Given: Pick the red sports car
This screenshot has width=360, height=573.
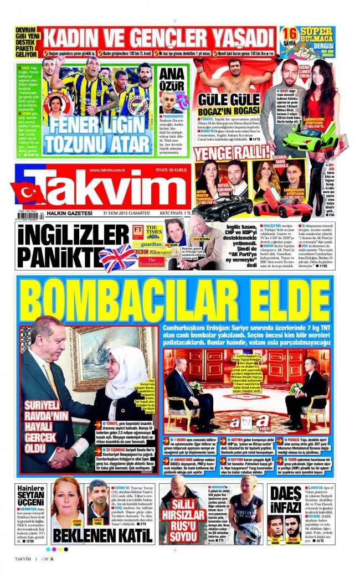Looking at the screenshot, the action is (x=282, y=208).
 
